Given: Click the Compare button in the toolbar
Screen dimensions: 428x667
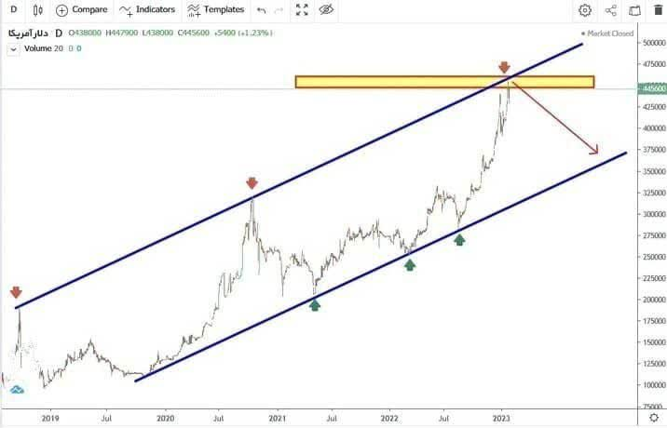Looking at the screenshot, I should (x=81, y=10).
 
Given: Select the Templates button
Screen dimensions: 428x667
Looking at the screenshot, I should (x=215, y=10).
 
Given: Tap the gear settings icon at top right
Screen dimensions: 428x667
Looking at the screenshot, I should (x=585, y=10).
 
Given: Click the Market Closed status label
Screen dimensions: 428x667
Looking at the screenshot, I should (x=608, y=33).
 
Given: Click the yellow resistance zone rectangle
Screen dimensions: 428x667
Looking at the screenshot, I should (x=444, y=82).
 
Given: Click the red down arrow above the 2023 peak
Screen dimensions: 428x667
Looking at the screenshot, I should (x=504, y=68).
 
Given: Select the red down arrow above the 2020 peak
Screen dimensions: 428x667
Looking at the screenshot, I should (x=252, y=183).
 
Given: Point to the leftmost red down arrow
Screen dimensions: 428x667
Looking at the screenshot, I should (x=16, y=292).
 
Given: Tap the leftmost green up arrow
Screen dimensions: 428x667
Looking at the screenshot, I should (x=315, y=303).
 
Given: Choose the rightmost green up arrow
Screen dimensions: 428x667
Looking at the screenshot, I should (x=459, y=239).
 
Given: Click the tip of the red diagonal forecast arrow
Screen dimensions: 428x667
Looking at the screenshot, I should (x=597, y=153).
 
